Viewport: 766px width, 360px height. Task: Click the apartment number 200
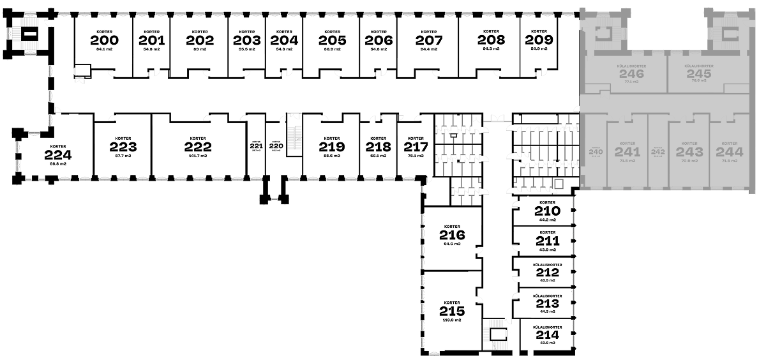104,40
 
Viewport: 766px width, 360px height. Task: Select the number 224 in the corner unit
58,155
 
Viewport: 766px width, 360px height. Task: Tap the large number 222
198,147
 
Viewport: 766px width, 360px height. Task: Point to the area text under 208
491,49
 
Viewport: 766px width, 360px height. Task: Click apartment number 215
452,311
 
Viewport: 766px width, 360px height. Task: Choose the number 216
452,235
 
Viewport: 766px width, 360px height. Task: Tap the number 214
547,334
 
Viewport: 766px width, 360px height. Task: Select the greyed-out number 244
730,152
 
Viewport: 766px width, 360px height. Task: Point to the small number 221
257,146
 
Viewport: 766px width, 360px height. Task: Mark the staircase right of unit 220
294,135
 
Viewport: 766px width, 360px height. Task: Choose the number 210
547,212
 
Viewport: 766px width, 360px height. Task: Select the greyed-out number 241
627,152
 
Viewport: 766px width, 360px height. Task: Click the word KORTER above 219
331,139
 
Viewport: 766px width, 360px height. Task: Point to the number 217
416,146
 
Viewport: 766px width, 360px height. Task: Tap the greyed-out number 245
699,74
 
